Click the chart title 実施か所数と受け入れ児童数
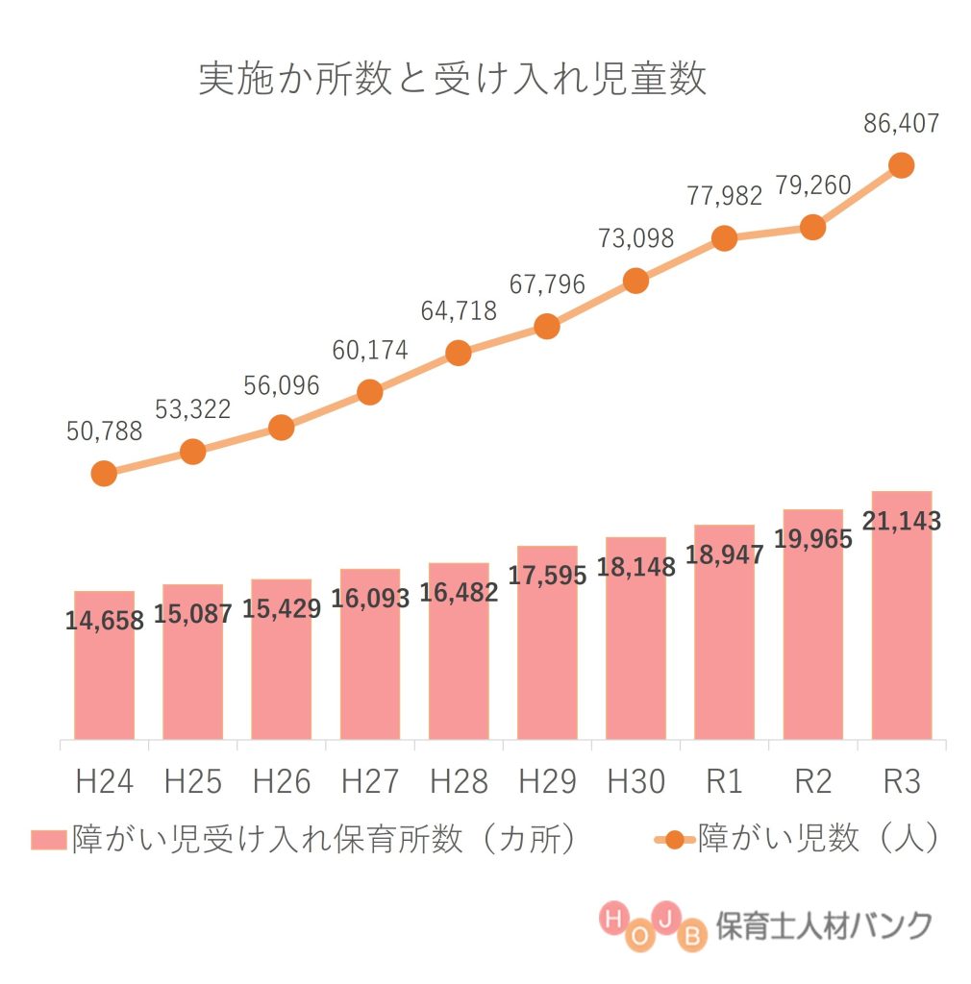(452, 80)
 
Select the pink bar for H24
(104, 673)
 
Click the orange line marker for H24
(104, 473)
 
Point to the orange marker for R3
(901, 165)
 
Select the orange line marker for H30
(635, 281)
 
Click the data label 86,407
(901, 123)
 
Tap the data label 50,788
(104, 431)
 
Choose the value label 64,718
(459, 311)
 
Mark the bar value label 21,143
(901, 522)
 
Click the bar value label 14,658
(104, 621)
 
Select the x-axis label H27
(370, 782)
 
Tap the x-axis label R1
(724, 782)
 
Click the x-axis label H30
(635, 782)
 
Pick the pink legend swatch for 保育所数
(49, 839)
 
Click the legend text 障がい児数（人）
(817, 838)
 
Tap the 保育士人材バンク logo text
(824, 925)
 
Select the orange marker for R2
(812, 228)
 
